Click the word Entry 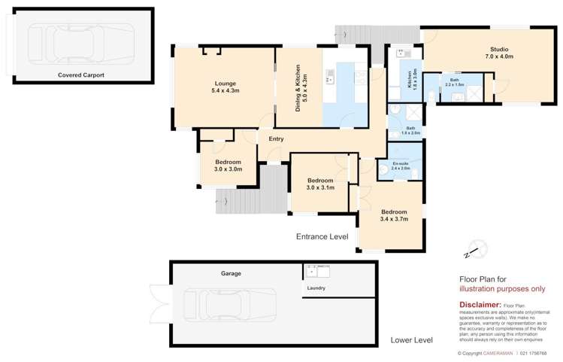coord(276,138)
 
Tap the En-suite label coord(400,166)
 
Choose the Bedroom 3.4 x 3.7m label coord(394,215)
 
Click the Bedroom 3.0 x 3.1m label coord(320,184)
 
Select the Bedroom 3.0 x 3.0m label coord(228,166)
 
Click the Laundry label coord(316,287)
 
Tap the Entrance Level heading coord(322,236)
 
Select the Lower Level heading coord(411,340)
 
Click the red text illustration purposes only coord(502,288)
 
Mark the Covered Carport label coord(80,75)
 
